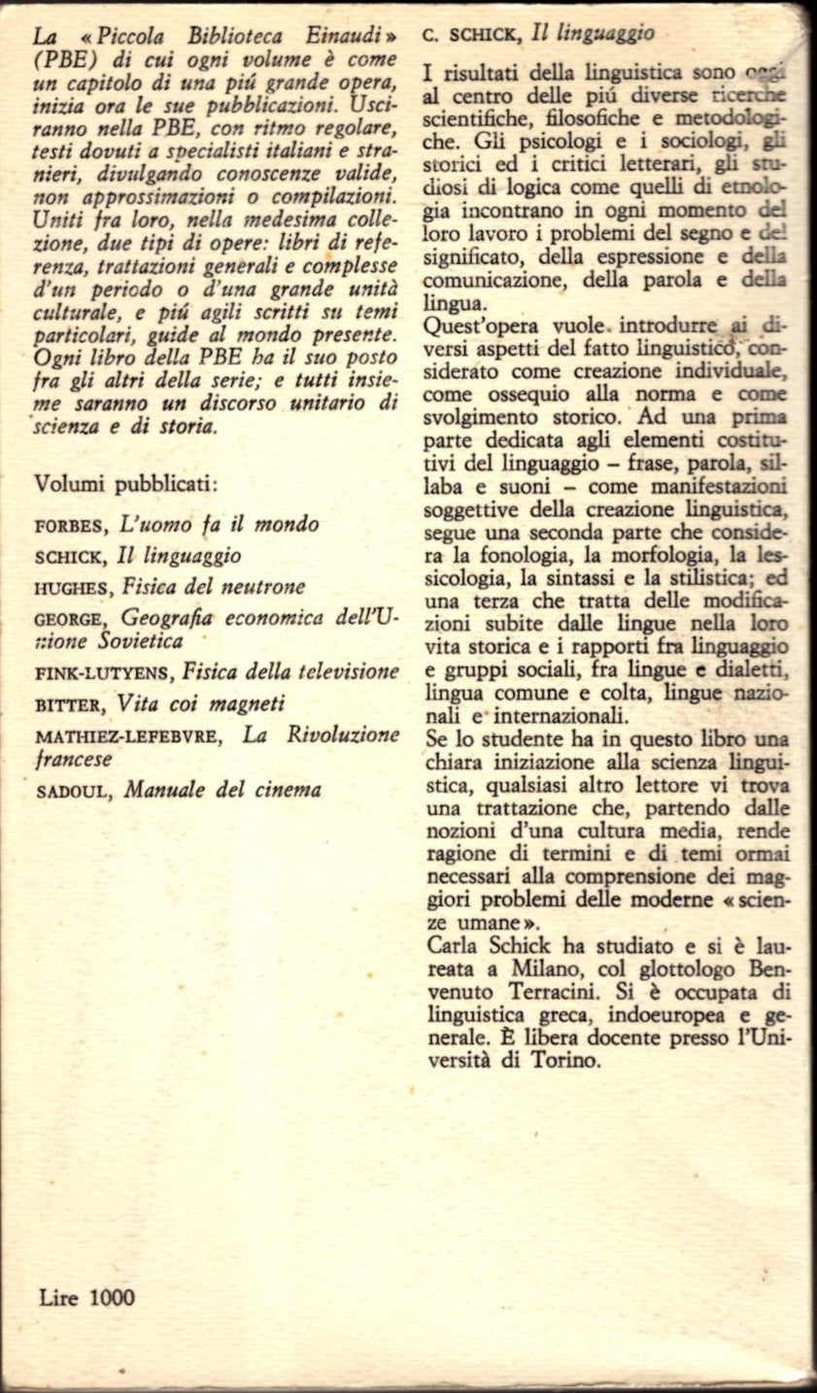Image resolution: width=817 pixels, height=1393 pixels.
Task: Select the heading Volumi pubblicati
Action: tap(126, 482)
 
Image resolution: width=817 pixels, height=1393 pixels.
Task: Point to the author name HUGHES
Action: tap(69, 587)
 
